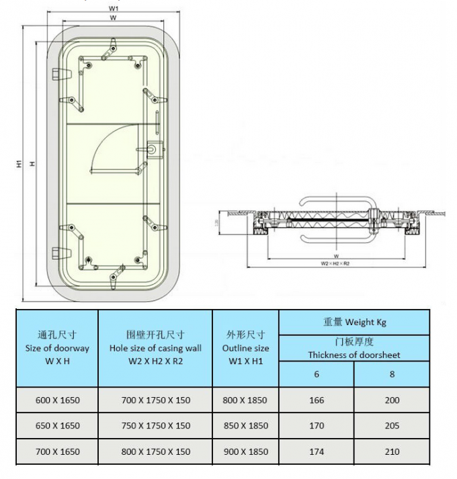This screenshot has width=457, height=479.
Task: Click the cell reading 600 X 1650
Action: (57, 400)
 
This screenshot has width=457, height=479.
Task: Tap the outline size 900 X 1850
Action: (245, 451)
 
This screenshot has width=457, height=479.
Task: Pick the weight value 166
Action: (317, 400)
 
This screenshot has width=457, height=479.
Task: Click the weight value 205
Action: (392, 425)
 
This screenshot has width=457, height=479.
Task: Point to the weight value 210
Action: (392, 451)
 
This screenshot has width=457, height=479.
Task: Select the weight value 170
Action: (317, 425)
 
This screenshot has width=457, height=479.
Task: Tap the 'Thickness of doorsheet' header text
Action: (354, 355)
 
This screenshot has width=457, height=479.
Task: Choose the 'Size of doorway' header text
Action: (57, 348)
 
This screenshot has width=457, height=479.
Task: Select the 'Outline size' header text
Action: (245, 348)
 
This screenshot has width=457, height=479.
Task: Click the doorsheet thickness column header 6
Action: (317, 374)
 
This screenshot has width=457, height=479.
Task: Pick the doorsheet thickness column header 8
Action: (392, 374)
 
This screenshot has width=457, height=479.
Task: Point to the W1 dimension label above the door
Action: (114, 7)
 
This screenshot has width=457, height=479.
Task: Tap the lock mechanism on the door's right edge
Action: (153, 148)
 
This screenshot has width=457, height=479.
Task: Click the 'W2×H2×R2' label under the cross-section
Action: (336, 264)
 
